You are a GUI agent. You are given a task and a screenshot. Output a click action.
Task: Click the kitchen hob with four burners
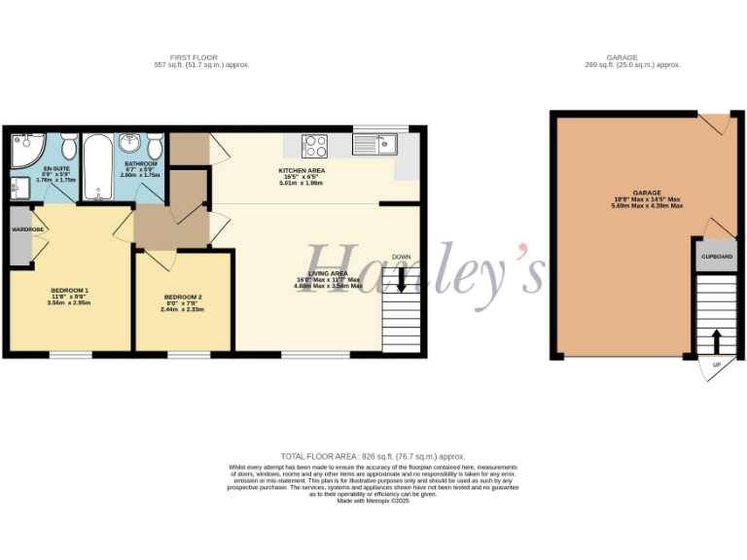pos(316,146)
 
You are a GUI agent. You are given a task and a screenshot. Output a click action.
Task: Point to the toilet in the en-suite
pos(69,147)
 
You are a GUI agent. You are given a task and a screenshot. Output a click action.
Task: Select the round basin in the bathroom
pos(129,144)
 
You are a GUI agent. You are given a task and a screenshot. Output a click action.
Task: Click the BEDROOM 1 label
pos(69,290)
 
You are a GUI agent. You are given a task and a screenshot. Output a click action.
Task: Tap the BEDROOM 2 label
pos(183,297)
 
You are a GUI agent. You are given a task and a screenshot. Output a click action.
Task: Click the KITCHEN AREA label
pos(302,170)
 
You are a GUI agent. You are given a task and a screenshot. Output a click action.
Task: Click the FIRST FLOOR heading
pos(201,57)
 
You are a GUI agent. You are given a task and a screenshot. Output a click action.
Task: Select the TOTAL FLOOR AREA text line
pos(373,456)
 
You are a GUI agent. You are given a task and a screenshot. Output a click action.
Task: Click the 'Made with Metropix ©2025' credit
pos(373,501)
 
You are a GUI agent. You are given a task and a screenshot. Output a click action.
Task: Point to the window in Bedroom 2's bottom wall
pos(189,354)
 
